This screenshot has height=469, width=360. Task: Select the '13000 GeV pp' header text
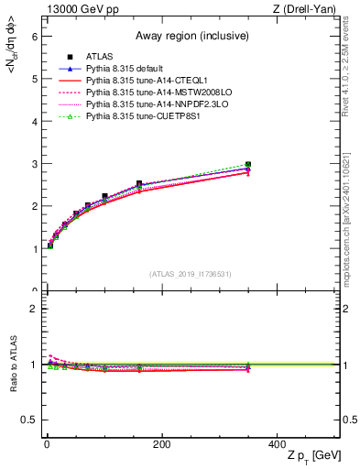click(80, 9)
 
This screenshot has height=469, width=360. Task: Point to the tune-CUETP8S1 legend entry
click(138, 116)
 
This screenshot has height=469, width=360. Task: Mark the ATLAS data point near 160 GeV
click(139, 184)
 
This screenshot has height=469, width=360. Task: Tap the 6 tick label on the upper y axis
click(33, 37)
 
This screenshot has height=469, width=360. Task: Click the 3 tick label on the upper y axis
click(33, 164)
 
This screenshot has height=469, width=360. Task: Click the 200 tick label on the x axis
click(161, 444)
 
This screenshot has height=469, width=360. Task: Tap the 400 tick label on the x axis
click(277, 444)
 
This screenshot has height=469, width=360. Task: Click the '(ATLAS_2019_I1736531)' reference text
click(191, 274)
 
